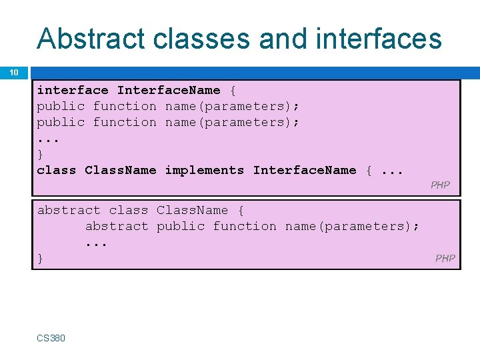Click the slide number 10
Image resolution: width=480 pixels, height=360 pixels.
tap(14, 72)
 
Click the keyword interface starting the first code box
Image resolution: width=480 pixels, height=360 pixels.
tap(72, 90)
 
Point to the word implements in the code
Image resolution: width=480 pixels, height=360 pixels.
tap(205, 170)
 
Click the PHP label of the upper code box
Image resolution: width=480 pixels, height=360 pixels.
tap(440, 185)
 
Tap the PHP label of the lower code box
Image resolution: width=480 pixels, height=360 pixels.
tap(445, 258)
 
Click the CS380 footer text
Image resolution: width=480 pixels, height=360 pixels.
tap(51, 338)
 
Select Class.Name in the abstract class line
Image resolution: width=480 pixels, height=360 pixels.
tap(192, 210)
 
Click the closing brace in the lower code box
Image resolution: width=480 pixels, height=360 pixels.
tap(40, 258)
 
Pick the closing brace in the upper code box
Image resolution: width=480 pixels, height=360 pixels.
tap(40, 154)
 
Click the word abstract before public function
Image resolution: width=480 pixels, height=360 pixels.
tap(117, 226)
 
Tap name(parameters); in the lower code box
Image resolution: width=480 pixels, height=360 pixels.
tap(352, 226)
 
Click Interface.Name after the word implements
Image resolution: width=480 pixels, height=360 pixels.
tap(305, 170)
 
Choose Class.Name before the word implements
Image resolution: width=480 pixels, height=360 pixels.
tap(120, 170)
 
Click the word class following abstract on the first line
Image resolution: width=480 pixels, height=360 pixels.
tap(128, 210)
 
